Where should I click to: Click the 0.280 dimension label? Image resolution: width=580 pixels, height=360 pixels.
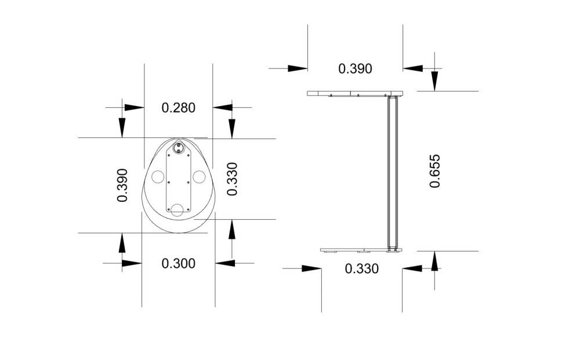178,108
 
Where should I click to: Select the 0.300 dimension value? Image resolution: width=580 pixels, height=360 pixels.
178,264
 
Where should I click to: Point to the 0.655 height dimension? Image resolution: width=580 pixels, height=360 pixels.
435,171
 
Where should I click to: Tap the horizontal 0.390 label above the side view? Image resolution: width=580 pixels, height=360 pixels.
355,69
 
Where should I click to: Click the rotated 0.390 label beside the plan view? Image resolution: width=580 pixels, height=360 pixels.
122,185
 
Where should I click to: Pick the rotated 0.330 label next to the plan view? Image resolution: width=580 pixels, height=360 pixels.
232,179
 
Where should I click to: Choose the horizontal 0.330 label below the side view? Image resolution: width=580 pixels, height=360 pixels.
362,269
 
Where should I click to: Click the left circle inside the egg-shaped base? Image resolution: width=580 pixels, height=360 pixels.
158,177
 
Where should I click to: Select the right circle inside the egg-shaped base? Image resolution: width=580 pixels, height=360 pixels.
199,177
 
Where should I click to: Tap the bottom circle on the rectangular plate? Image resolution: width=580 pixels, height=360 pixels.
177,210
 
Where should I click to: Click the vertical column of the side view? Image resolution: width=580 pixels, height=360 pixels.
393,172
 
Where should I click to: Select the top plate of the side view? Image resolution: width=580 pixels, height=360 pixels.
355,93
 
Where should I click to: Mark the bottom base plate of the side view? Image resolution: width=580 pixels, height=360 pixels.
361,250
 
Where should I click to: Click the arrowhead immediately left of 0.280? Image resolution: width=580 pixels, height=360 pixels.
135,108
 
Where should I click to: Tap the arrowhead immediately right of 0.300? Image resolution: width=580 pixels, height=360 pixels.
225,263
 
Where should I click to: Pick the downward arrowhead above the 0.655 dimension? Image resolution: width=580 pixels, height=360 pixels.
434,81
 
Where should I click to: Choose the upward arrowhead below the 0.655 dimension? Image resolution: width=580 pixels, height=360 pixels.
434,261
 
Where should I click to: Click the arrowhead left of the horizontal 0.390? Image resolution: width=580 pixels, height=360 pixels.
298,68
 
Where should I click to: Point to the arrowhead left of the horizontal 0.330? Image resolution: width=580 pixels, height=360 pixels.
311,268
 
